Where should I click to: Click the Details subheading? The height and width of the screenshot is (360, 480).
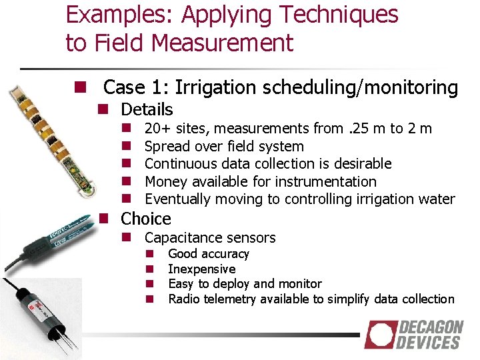coord(147,109)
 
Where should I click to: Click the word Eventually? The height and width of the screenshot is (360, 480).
coord(179,199)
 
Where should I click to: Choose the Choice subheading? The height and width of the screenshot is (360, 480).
coord(145,219)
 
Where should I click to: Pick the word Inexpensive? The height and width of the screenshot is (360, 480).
coord(201,269)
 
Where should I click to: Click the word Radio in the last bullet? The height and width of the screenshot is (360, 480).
coord(183,299)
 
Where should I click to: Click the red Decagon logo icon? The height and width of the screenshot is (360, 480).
coord(380,335)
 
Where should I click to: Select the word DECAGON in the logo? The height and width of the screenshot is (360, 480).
coord(431,327)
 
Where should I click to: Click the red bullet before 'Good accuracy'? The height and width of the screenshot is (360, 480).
coord(151,254)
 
